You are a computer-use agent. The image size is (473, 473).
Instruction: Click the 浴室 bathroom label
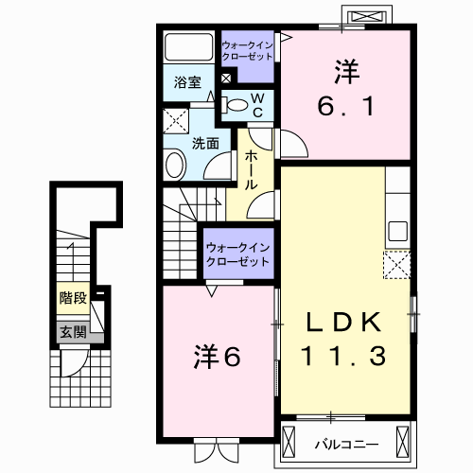click(x=187, y=82)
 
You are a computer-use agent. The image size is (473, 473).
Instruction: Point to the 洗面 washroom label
click(x=205, y=144)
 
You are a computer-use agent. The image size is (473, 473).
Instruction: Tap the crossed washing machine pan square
click(x=175, y=121)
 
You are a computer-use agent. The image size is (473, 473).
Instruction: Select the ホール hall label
click(x=252, y=170)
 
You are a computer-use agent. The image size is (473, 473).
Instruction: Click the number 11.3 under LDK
click(x=344, y=356)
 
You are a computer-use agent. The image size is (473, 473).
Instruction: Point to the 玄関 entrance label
click(x=72, y=331)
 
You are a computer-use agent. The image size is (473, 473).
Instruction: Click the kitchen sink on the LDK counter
click(x=397, y=231)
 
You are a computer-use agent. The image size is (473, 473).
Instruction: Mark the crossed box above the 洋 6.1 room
click(x=368, y=16)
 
